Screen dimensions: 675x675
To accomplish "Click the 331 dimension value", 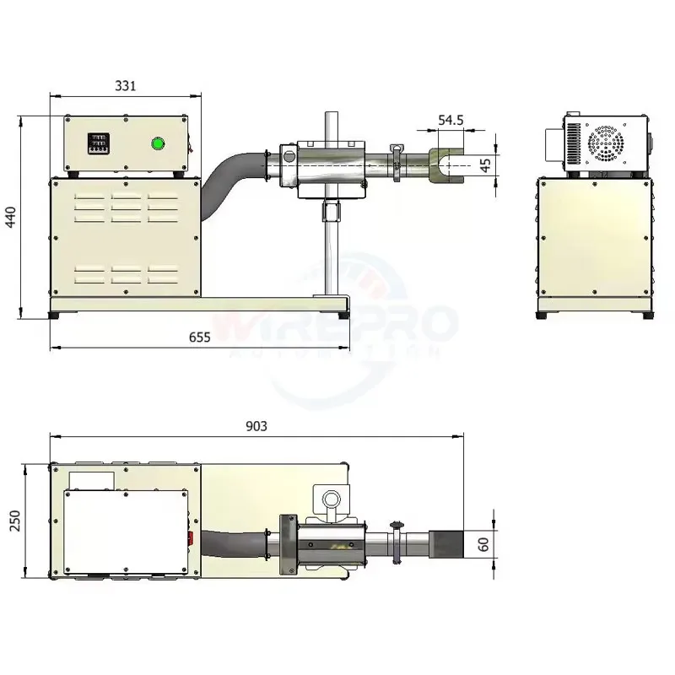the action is tap(125, 86).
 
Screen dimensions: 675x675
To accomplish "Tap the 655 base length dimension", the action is tap(200, 337).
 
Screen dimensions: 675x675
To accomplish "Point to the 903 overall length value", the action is tap(256, 426).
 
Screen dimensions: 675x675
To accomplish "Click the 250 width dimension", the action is tap(14, 521).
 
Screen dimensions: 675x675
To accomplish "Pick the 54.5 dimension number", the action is tap(451, 120).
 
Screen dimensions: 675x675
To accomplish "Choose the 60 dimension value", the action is tap(483, 544).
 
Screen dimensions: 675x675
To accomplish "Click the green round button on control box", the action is tap(158, 143).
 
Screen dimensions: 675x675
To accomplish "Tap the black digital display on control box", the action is tap(98, 143).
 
